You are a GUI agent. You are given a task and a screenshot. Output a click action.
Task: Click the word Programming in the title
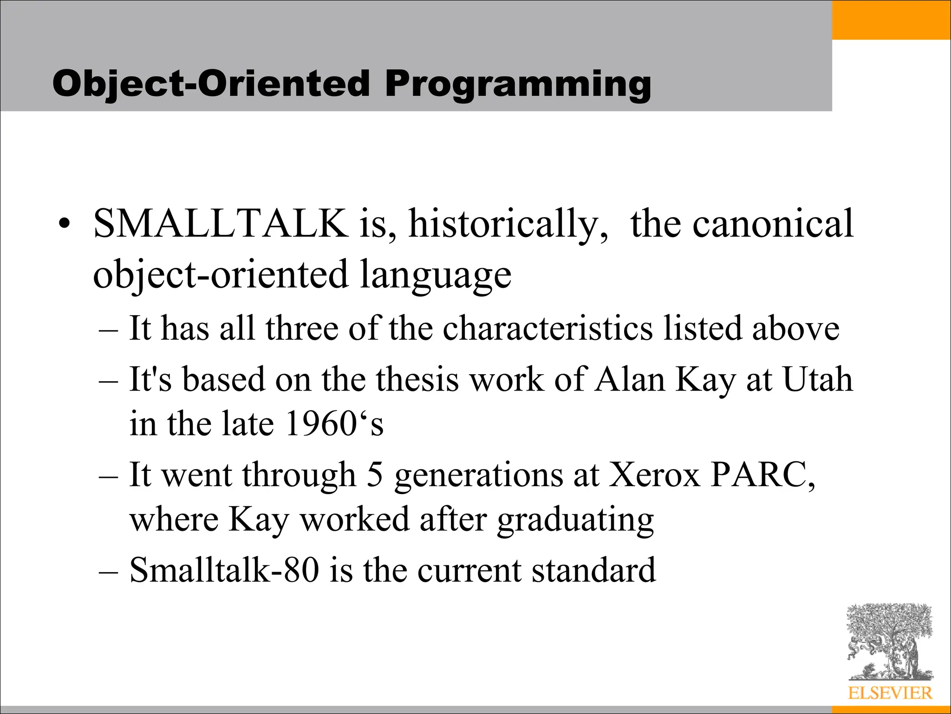click(x=517, y=85)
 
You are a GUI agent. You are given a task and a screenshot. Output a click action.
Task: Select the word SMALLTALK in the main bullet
click(x=221, y=224)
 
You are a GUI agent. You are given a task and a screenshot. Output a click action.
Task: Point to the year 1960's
click(x=334, y=423)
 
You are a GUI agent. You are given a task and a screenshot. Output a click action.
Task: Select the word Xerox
click(x=654, y=475)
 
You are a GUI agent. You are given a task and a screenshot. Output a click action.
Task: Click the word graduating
click(x=575, y=520)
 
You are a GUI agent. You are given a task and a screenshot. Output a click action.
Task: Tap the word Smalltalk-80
click(x=224, y=570)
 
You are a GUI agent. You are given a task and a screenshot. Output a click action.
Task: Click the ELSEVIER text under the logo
click(x=890, y=693)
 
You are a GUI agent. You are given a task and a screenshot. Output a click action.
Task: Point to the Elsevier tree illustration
click(x=889, y=641)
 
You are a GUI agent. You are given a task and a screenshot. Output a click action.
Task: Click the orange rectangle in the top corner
click(x=891, y=20)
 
